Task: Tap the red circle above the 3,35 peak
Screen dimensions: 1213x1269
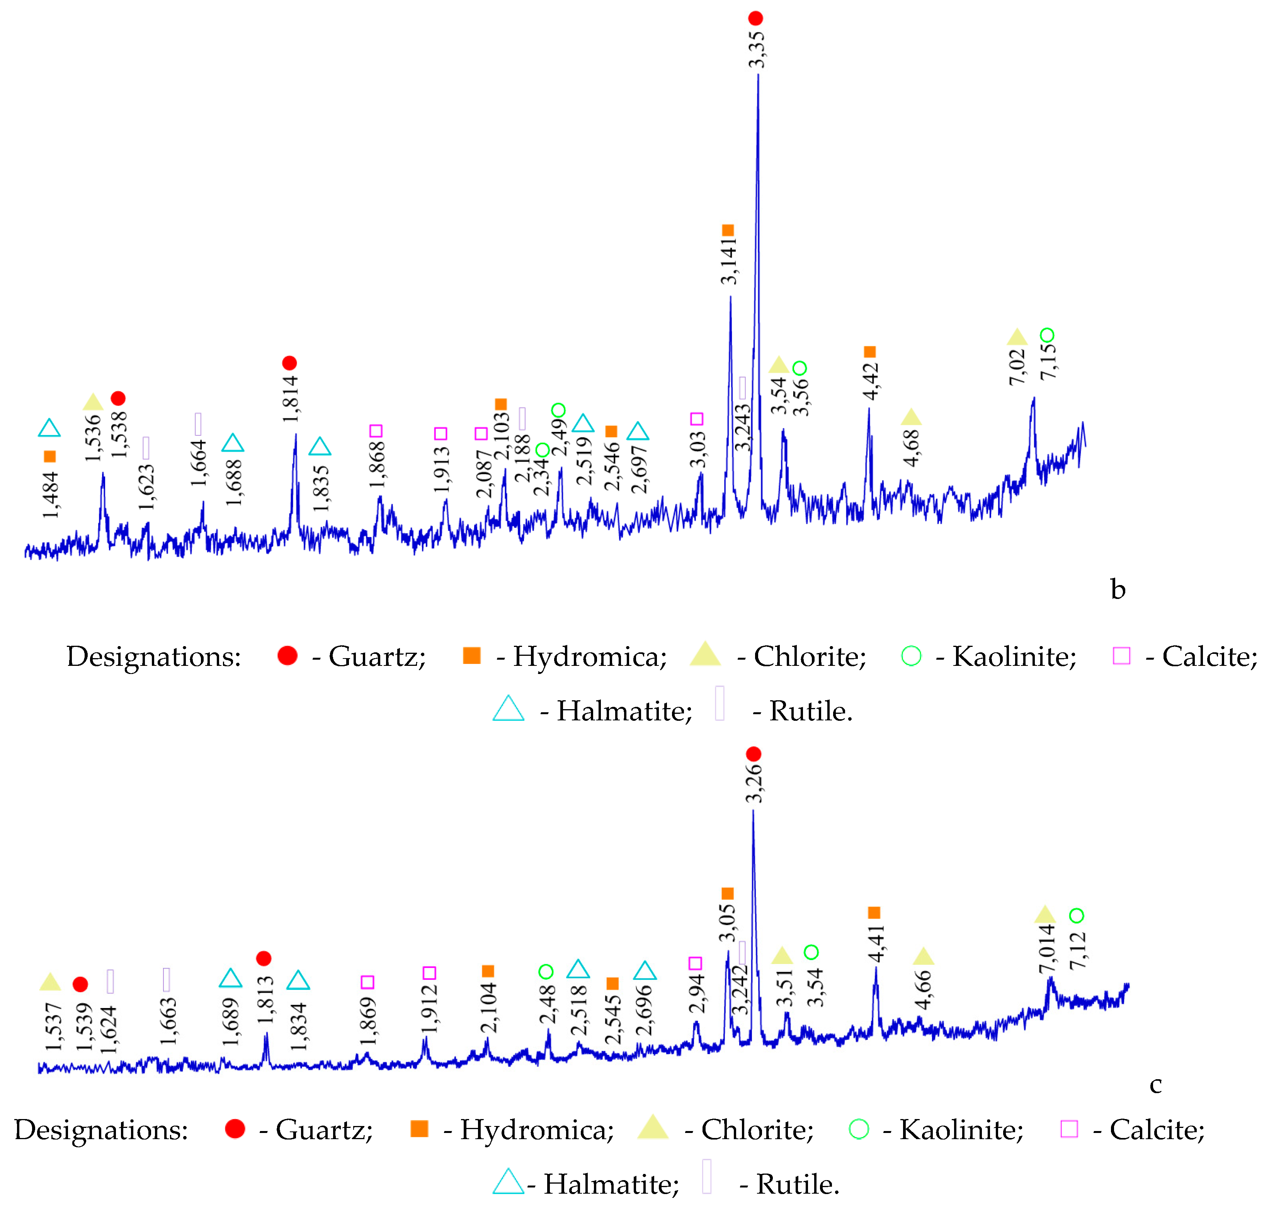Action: (755, 18)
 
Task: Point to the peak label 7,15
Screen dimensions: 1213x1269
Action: (1048, 361)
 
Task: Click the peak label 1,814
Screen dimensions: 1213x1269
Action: (290, 399)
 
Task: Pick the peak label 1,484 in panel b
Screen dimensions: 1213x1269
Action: (50, 495)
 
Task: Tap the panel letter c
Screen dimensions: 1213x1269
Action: (1155, 1084)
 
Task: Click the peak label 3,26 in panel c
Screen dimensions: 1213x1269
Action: (754, 784)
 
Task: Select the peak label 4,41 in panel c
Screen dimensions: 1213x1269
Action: (876, 943)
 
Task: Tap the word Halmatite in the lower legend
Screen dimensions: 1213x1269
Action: (611, 1184)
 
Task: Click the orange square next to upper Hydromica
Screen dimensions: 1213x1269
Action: (472, 656)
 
